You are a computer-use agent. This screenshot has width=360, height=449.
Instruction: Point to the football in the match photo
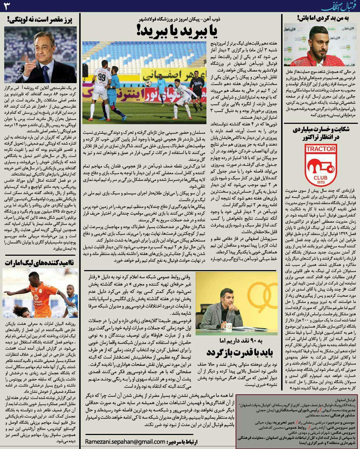(149, 83)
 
